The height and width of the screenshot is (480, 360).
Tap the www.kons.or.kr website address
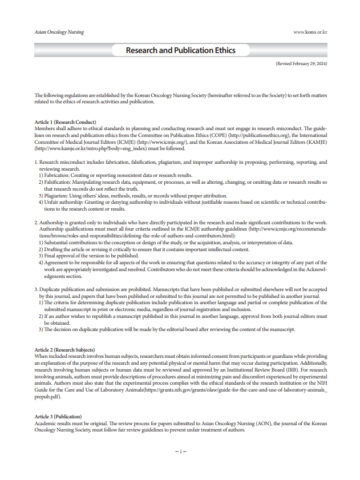tap(310, 33)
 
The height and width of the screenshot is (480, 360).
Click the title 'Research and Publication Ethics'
tap(180, 50)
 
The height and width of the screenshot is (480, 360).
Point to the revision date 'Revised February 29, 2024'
tap(301, 64)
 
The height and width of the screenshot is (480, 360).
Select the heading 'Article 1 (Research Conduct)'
tap(65, 122)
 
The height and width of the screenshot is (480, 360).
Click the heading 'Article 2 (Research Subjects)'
tap(64, 349)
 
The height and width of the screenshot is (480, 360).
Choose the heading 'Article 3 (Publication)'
tap(59, 417)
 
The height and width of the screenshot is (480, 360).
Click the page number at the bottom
tap(180, 451)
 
